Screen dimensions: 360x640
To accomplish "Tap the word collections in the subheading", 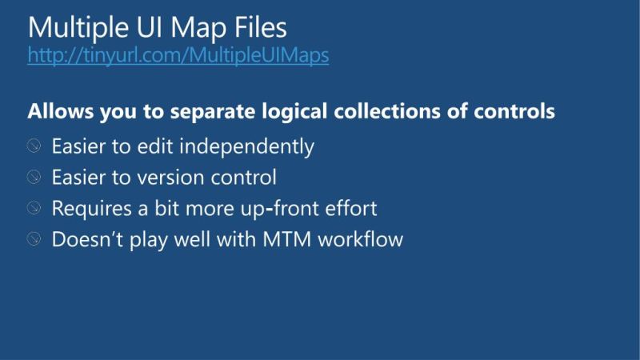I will pos(385,111).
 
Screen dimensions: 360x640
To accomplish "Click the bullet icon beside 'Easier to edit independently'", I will pos(34,147).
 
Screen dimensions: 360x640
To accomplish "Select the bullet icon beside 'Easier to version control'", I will pos(34,178).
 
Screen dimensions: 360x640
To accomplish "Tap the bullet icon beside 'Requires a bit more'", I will pos(34,208).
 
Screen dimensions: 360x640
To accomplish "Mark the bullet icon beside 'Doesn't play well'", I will pos(34,238).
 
